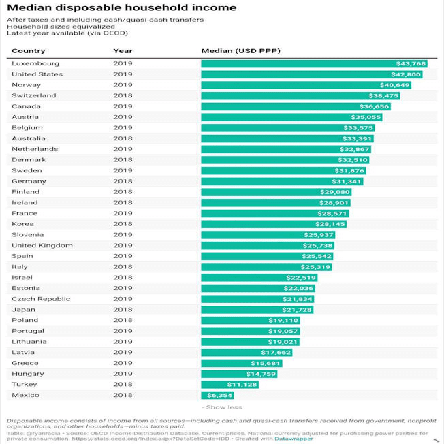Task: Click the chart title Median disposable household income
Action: click(x=121, y=7)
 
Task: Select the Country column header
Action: click(x=29, y=51)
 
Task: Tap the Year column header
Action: click(x=123, y=51)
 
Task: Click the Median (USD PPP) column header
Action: click(x=240, y=51)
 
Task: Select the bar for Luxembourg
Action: click(x=314, y=63)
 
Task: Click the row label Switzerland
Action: click(x=34, y=95)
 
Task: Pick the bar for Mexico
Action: click(x=217, y=395)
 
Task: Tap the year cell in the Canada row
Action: click(x=123, y=106)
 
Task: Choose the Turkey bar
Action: click(x=229, y=384)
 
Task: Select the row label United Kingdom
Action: click(x=42, y=245)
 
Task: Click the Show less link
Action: click(x=222, y=407)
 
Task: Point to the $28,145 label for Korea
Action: click(x=332, y=224)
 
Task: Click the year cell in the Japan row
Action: click(x=123, y=309)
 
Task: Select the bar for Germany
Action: click(x=282, y=181)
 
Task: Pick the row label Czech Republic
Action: click(x=41, y=298)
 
